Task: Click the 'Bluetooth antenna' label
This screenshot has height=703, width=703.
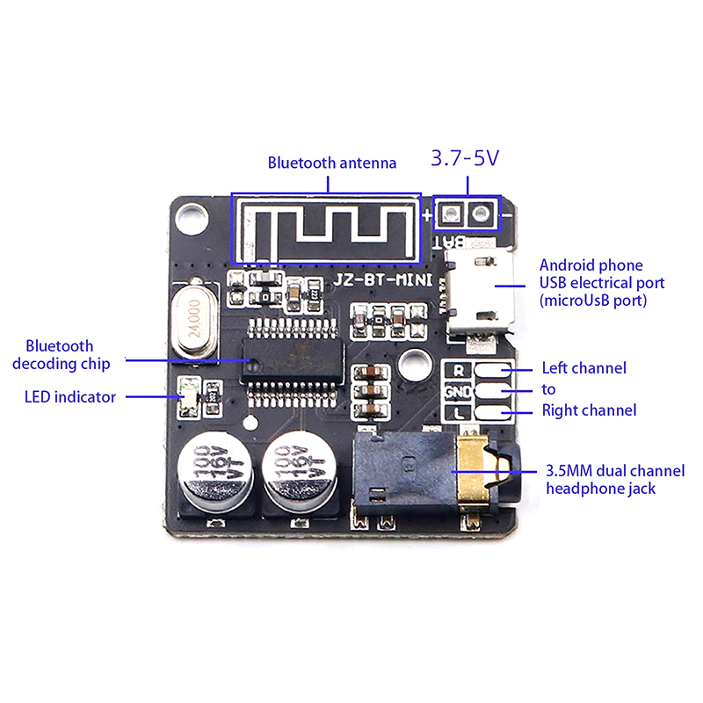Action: [332, 163]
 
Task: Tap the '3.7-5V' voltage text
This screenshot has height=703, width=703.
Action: [465, 159]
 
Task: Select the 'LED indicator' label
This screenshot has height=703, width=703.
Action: [69, 397]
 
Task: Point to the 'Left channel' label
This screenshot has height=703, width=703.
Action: [583, 368]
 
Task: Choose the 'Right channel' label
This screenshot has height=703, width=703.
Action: [589, 410]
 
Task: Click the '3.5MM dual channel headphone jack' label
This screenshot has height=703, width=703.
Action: [603, 479]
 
